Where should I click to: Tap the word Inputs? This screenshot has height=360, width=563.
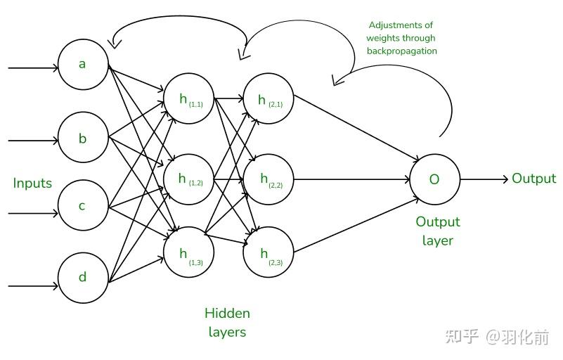[32, 184]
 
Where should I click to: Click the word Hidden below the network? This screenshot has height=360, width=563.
[227, 314]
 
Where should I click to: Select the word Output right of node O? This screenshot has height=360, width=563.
[534, 179]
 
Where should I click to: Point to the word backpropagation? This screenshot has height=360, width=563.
[402, 51]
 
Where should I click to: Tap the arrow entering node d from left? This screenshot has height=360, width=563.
[33, 286]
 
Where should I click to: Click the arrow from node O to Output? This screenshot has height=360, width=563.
[484, 179]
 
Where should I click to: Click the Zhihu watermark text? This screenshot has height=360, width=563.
[498, 337]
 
